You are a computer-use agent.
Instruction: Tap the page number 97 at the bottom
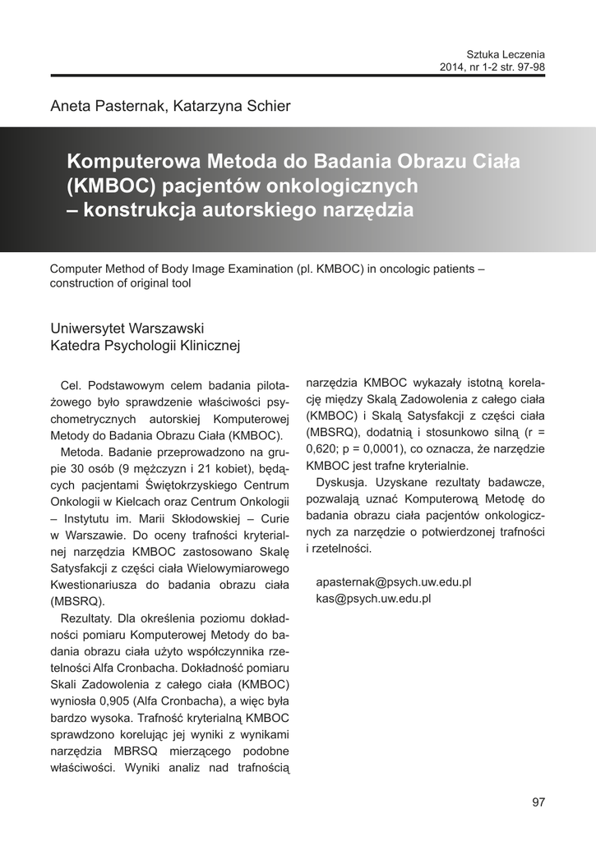coord(538,802)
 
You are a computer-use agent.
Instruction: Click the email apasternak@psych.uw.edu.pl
coord(393,582)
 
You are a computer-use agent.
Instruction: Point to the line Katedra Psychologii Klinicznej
coord(145,346)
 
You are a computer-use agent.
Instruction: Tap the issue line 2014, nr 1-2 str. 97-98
coord(492,66)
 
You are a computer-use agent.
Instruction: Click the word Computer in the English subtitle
coord(76,269)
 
